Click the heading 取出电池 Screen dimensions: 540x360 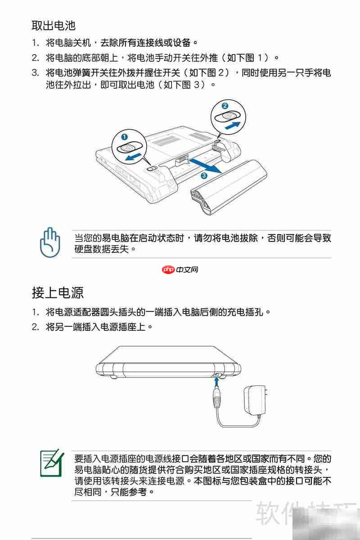pyautogui.click(x=53, y=25)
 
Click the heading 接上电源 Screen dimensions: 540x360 pyautogui.click(x=58, y=292)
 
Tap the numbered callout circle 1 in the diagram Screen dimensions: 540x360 pyautogui.click(x=124, y=136)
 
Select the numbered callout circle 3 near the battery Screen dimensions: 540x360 pyautogui.click(x=204, y=175)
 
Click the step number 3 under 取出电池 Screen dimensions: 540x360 pyautogui.click(x=35, y=73)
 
